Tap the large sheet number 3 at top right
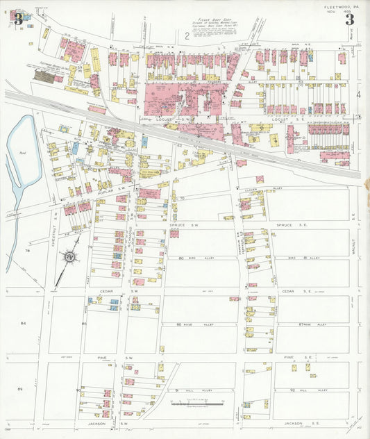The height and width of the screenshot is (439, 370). [x=350, y=19]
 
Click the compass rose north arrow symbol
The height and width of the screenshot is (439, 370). [x=70, y=258]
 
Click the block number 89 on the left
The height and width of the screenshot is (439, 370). [x=22, y=390]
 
